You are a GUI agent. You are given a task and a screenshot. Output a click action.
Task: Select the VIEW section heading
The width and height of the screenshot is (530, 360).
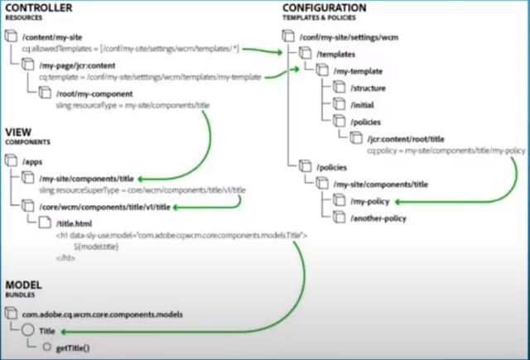[x=18, y=132]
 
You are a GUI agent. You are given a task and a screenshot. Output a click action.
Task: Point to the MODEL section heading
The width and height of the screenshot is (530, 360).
[x=25, y=285]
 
